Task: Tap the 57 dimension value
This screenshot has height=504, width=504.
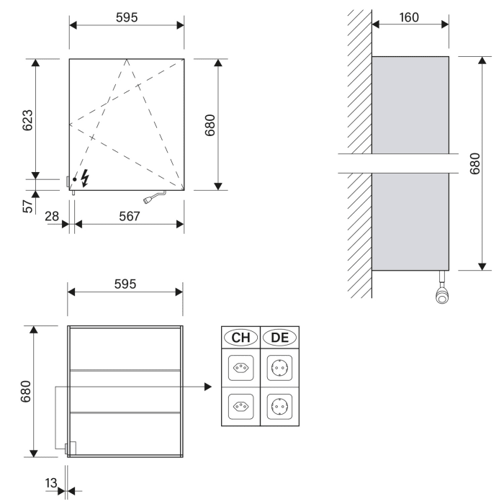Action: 27,207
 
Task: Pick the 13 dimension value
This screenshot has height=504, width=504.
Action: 50,483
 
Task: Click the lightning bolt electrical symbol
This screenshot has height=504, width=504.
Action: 86,177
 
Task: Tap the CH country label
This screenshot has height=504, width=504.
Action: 240,337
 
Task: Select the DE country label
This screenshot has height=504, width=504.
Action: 278,337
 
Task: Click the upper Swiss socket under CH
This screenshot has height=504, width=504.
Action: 240,369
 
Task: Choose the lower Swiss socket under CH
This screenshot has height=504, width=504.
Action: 240,406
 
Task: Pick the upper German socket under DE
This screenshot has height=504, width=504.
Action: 278,369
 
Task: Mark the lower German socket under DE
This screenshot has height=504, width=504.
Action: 278,406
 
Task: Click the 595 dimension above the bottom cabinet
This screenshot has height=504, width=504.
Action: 125,284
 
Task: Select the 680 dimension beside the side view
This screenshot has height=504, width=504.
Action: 476,163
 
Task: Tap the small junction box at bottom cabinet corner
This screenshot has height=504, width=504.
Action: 70,449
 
